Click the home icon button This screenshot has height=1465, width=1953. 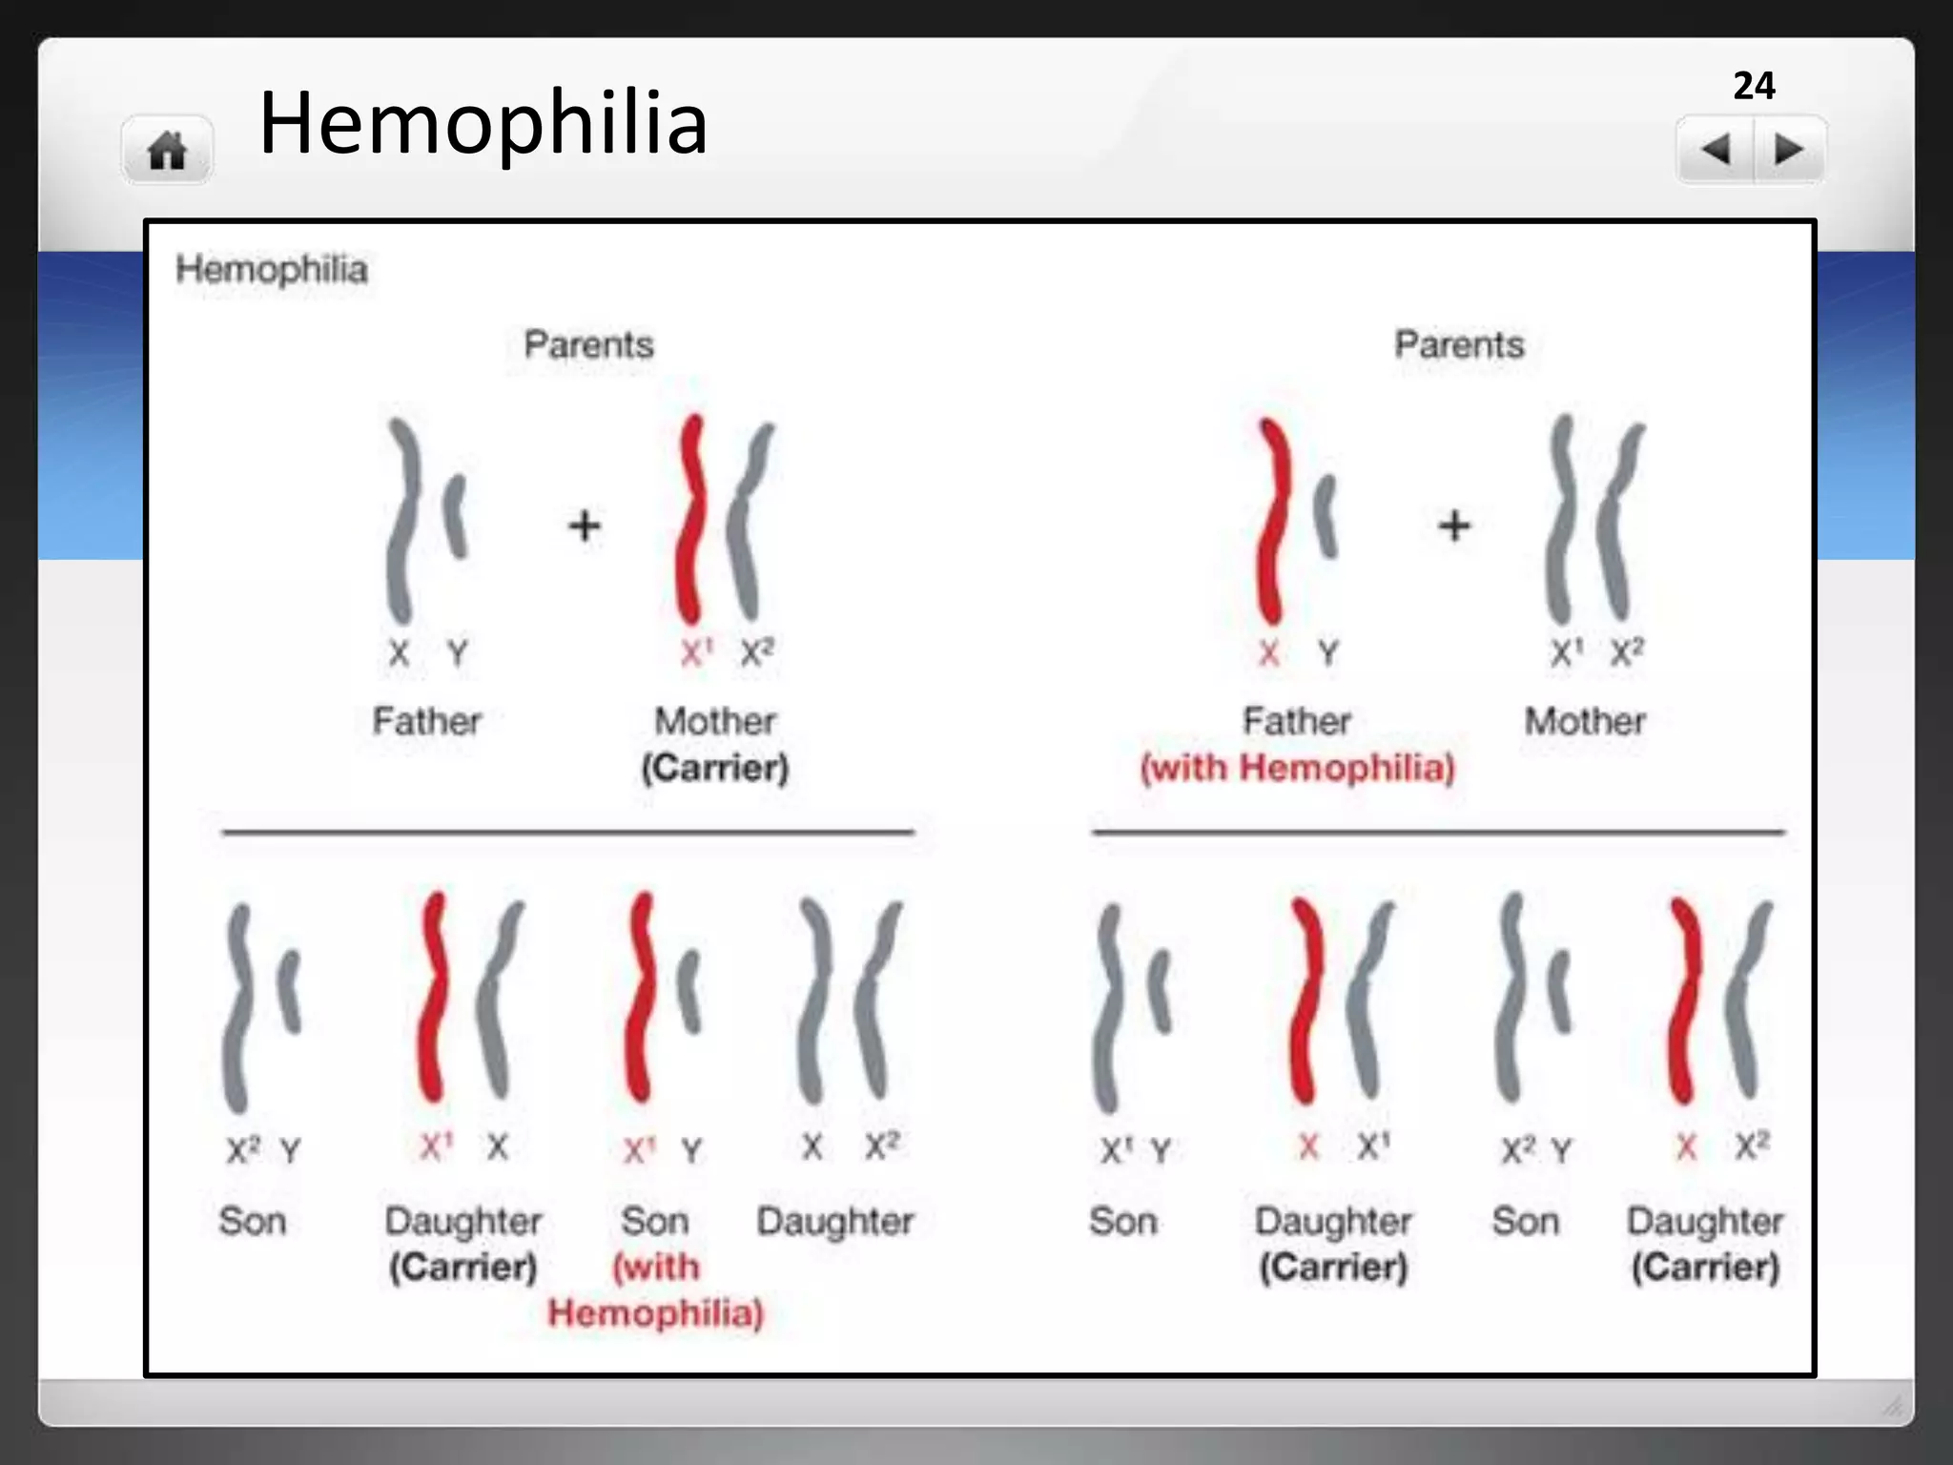click(x=167, y=150)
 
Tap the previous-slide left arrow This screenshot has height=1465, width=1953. click(x=1716, y=150)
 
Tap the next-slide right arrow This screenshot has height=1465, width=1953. click(x=1788, y=150)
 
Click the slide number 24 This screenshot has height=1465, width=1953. click(x=1754, y=86)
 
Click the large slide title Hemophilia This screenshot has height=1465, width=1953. click(x=483, y=122)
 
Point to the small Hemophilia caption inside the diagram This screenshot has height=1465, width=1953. click(x=272, y=270)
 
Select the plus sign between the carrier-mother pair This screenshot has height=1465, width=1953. click(x=585, y=526)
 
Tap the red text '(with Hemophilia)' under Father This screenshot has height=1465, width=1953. click(x=1298, y=768)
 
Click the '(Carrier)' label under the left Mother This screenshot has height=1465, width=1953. click(x=715, y=768)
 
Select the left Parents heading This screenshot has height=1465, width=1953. click(x=589, y=344)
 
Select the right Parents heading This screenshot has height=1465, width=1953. click(x=1459, y=344)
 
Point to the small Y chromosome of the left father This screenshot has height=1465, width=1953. click(x=458, y=515)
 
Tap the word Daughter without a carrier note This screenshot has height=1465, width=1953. click(x=835, y=1221)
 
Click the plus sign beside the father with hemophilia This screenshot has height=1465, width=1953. click(x=1454, y=526)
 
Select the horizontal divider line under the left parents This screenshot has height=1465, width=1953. click(x=567, y=833)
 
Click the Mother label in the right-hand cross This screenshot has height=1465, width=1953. click(x=1585, y=721)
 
